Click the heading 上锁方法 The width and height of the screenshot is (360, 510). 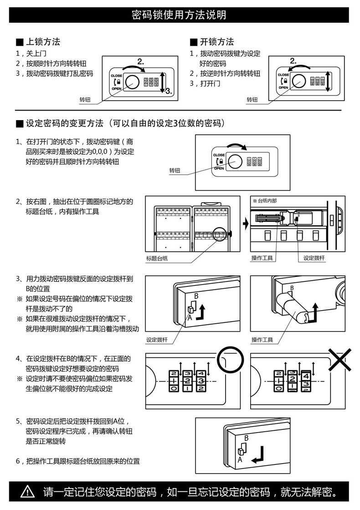(42, 42)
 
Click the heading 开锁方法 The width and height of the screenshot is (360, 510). (216, 42)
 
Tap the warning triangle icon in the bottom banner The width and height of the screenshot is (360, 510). (28, 492)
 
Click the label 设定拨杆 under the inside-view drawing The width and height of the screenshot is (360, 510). (314, 258)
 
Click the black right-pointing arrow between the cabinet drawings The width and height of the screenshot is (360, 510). (245, 224)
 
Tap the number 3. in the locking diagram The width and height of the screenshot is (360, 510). (168, 91)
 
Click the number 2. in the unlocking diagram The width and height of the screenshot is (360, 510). (293, 61)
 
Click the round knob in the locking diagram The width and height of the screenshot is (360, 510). (132, 82)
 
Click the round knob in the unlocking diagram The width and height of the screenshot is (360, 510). (298, 81)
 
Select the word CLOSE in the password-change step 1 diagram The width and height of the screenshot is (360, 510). (219, 155)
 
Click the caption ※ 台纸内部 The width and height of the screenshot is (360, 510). (265, 200)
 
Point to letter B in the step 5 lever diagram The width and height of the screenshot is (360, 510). (246, 438)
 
